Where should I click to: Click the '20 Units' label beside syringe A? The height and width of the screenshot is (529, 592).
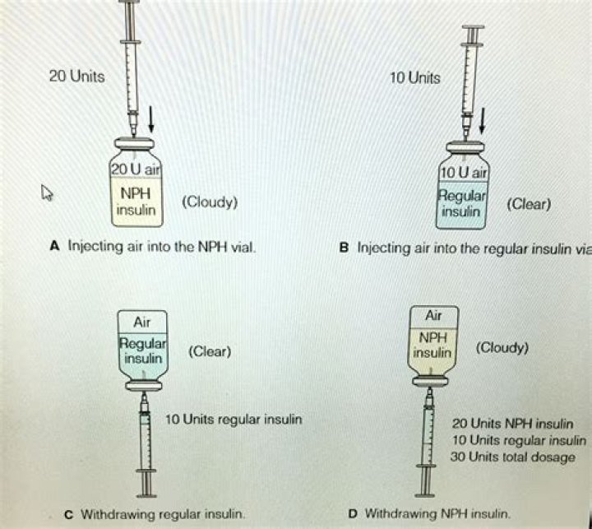pos(77,77)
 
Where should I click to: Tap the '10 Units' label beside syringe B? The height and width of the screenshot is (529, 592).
pos(414,78)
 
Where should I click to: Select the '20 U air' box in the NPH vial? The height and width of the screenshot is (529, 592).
pos(138,169)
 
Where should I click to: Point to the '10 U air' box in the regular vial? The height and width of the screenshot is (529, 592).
pos(464,172)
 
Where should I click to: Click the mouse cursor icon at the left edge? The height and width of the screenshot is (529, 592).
pos(47,193)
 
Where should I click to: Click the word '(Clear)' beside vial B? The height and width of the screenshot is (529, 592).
pos(528,203)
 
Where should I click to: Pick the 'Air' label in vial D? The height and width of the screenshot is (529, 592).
pos(433,316)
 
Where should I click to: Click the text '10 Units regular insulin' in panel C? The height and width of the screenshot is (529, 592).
pos(234,420)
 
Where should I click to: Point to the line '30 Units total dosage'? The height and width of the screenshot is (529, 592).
pos(514,457)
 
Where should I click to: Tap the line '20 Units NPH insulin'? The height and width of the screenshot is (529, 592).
pos(513,425)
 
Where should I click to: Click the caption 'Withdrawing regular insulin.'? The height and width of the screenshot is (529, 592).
pos(155,513)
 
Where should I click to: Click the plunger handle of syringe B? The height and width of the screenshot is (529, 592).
pos(474,33)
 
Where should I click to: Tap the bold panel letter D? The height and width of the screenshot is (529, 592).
pos(353,513)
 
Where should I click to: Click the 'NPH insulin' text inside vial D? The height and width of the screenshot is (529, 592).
pos(432,346)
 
